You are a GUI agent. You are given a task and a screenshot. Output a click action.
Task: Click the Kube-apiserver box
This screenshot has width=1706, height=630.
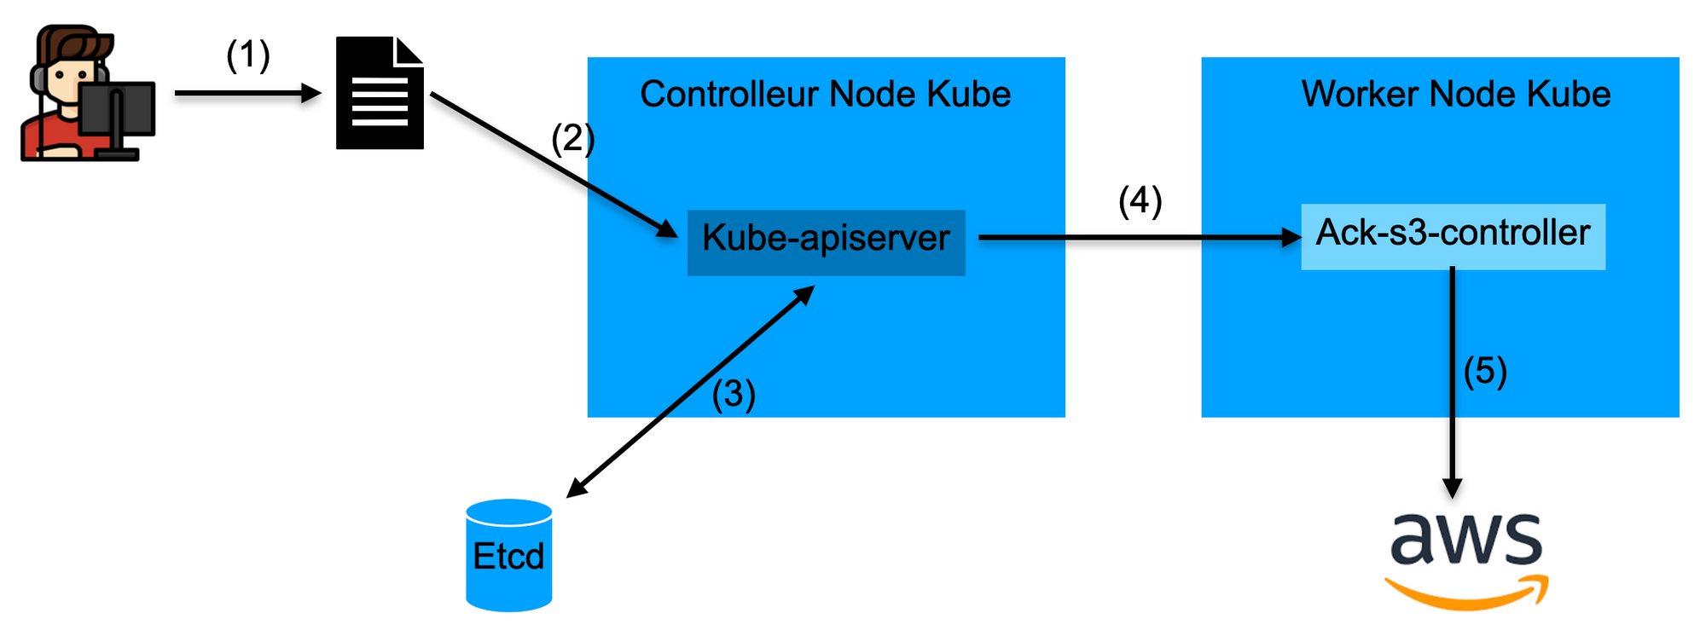click(826, 242)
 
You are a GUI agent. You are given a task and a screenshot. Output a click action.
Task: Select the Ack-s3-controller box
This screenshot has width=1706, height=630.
click(1453, 236)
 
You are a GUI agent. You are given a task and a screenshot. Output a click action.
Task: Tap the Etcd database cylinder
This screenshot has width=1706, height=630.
click(508, 555)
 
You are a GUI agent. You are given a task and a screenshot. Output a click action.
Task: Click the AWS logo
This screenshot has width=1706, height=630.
click(1466, 558)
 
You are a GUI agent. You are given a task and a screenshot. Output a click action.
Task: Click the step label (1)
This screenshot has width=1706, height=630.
click(247, 55)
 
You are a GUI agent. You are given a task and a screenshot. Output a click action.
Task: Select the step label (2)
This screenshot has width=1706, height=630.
click(572, 138)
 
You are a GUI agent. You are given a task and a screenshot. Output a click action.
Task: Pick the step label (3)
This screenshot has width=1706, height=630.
click(734, 394)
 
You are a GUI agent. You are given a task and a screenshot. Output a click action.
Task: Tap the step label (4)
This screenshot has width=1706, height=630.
click(1140, 201)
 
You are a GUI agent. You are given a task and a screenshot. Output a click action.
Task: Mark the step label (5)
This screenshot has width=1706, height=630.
click(1485, 371)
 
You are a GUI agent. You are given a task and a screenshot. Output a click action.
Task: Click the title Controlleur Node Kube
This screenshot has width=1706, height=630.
click(825, 94)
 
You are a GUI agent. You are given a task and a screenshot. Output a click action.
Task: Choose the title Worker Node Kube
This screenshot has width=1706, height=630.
click(1455, 94)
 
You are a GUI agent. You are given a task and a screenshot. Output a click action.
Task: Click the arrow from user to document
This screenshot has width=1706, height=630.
click(247, 93)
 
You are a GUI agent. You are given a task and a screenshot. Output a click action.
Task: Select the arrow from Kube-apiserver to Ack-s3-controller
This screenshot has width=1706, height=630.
click(1139, 237)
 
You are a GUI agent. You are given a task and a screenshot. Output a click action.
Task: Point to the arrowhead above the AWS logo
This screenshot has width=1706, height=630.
click(1452, 488)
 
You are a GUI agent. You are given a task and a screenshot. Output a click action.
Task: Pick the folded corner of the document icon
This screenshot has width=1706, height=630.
click(409, 51)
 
